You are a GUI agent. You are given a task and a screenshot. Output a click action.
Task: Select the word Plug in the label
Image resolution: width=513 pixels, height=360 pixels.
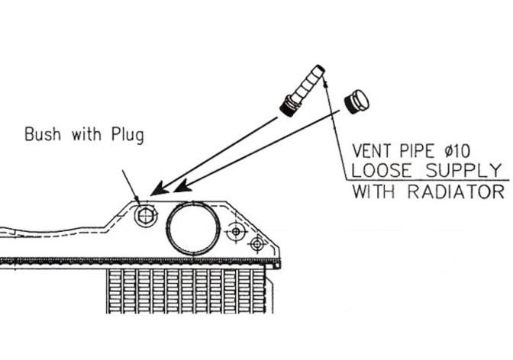click(x=127, y=136)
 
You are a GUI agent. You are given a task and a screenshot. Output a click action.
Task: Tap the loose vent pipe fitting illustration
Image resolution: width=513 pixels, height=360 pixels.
click(x=302, y=91)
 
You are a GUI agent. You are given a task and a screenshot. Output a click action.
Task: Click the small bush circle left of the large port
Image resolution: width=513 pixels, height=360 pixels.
click(x=144, y=217)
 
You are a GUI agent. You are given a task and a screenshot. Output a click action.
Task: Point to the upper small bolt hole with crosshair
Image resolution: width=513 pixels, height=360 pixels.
click(x=237, y=230)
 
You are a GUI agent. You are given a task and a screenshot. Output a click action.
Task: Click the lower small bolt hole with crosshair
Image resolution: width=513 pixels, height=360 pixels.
click(x=257, y=243)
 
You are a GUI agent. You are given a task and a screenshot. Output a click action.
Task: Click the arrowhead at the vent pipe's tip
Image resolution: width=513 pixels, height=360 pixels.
click(x=323, y=71)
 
